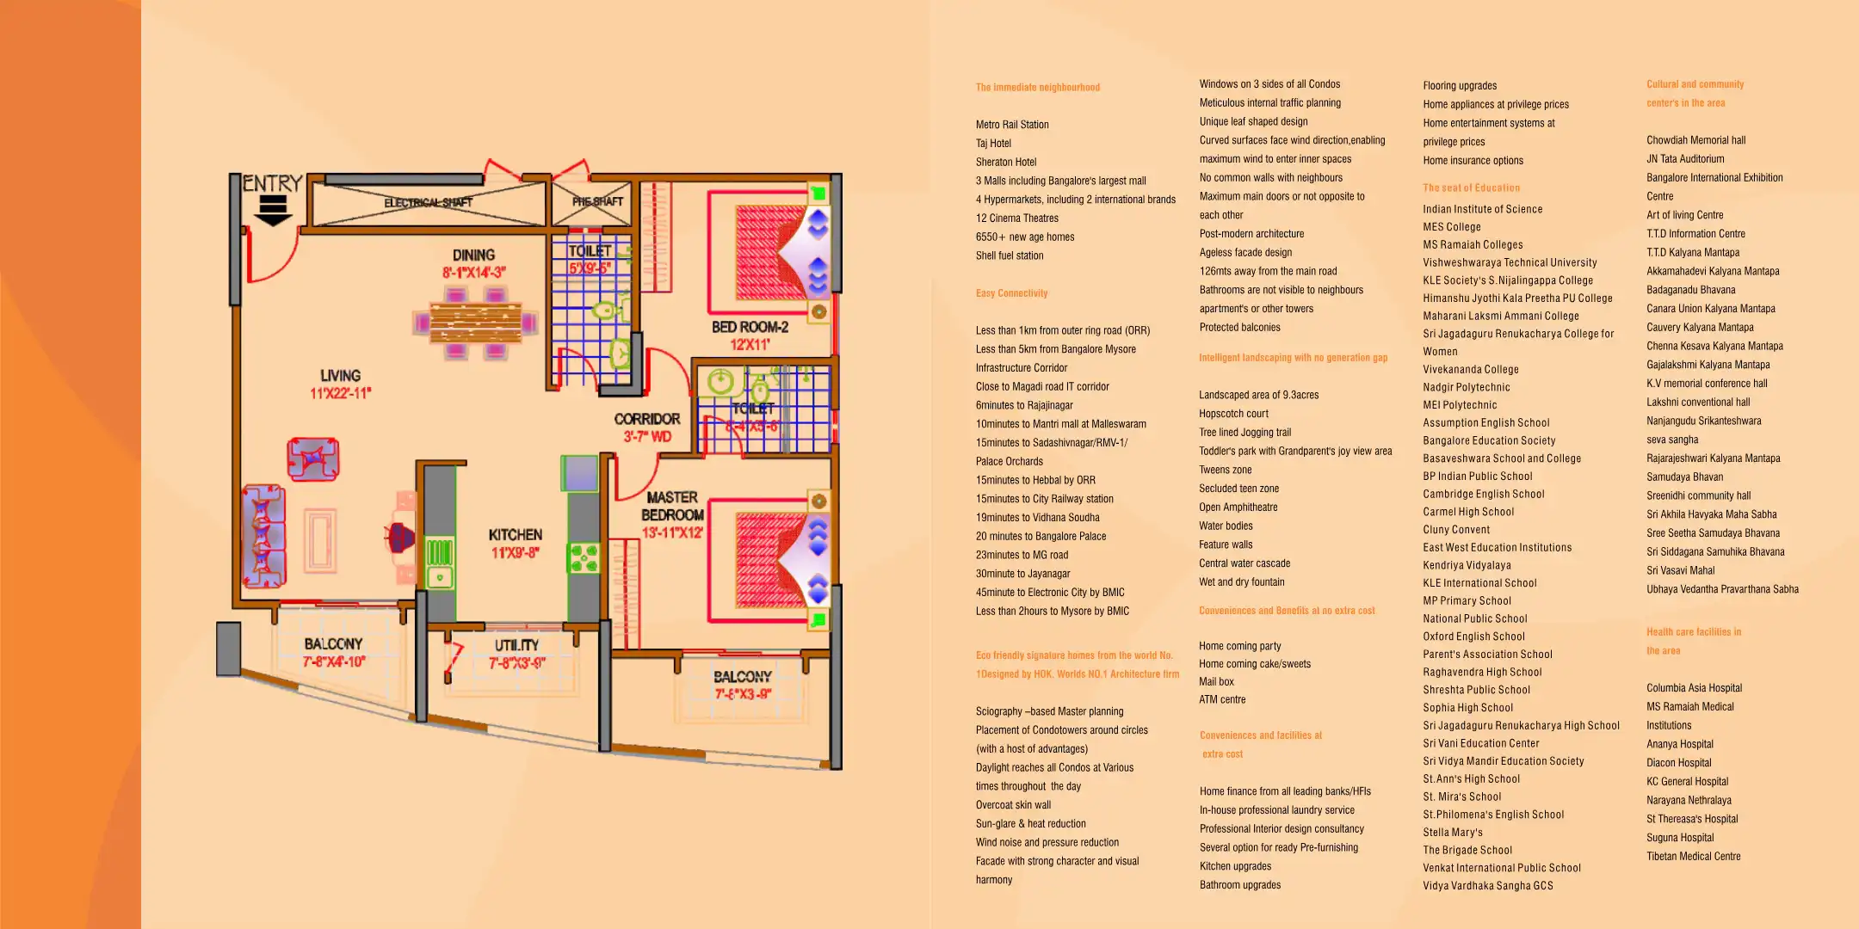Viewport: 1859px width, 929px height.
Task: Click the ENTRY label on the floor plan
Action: point(272,183)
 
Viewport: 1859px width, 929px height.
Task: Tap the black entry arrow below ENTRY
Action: point(274,211)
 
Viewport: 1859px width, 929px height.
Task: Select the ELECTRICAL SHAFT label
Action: point(428,203)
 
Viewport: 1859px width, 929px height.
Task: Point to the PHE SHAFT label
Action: point(597,201)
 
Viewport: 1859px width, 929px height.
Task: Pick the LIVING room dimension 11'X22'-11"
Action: point(340,394)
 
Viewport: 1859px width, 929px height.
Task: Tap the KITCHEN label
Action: point(515,535)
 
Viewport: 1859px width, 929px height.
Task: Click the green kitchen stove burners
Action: point(583,558)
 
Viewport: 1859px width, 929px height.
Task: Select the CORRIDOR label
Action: point(646,419)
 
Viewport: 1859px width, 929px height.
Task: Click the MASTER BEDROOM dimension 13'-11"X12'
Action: point(672,533)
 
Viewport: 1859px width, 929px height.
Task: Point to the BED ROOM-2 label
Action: point(750,327)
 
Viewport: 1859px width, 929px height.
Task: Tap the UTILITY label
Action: point(516,645)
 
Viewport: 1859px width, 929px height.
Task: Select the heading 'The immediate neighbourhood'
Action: point(1037,88)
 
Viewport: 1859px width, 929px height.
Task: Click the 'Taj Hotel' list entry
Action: point(993,144)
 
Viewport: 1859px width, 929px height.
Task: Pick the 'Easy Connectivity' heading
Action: point(1011,293)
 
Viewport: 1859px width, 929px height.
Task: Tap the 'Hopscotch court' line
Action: point(1233,414)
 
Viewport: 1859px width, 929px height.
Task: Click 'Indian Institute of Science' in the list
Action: point(1482,209)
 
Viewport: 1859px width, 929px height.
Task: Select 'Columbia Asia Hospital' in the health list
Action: point(1694,688)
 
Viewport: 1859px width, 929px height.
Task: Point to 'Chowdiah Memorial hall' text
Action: point(1695,140)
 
